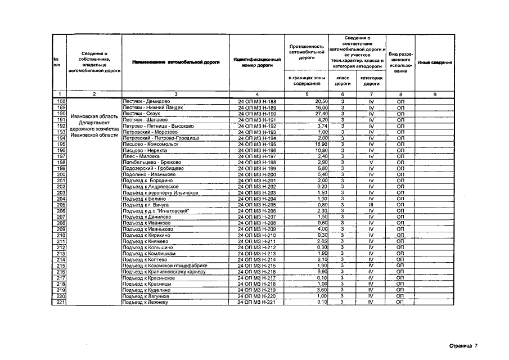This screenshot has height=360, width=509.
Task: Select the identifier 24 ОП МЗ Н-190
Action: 257,114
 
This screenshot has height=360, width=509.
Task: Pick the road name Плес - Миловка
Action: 141,156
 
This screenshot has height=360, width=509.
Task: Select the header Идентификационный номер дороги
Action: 257,62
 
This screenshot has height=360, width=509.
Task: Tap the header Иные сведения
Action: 435,62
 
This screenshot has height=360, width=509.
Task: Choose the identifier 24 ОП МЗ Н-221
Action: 257,302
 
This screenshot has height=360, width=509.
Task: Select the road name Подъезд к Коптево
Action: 145,259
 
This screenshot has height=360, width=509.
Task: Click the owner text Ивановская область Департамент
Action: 94,120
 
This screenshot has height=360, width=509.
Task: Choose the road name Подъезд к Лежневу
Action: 145,302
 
